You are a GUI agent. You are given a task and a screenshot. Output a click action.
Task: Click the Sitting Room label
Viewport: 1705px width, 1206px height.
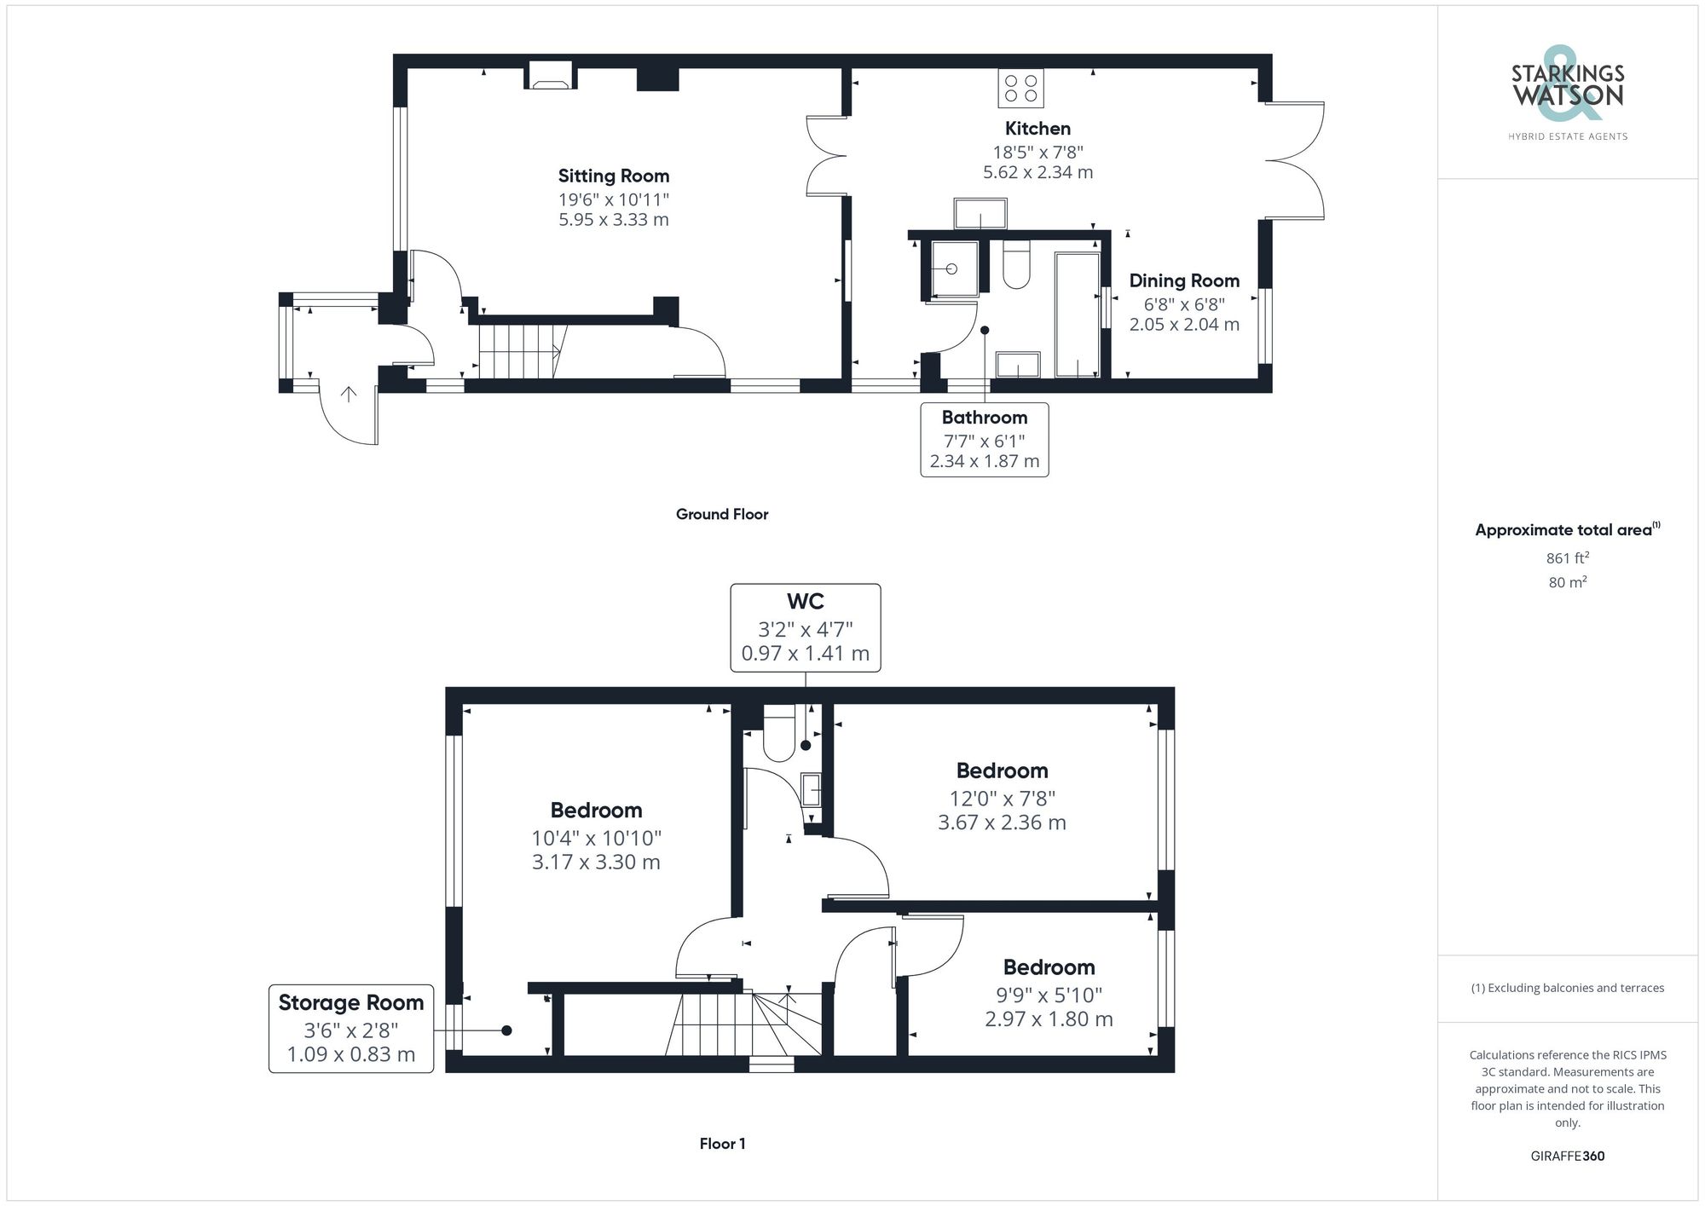pos(613,176)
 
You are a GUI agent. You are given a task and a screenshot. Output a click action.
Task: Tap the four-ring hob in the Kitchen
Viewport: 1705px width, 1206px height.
pos(1020,88)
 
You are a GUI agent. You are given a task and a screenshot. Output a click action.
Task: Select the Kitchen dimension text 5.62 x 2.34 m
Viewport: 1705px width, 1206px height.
pos(1037,172)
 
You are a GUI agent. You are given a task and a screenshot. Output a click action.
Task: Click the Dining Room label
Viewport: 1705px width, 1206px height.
pos(1184,280)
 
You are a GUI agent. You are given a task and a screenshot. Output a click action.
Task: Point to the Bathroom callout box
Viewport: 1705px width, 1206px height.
pos(985,439)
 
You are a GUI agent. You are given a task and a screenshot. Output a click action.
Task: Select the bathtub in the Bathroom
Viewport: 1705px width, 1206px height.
pos(1078,314)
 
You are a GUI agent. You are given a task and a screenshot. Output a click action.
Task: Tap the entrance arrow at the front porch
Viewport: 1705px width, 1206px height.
pos(348,394)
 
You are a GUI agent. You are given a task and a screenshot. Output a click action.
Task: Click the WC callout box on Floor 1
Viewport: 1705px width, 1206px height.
pos(806,627)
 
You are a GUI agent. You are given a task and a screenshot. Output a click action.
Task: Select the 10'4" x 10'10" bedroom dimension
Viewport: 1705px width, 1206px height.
pos(596,838)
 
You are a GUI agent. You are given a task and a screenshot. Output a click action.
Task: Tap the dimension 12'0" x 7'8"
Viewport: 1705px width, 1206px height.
pos(1002,799)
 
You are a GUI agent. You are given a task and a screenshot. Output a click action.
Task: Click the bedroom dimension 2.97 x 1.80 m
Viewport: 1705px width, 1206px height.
pos(1049,1018)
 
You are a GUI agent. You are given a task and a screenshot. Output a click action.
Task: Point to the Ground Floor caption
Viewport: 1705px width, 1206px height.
pos(722,514)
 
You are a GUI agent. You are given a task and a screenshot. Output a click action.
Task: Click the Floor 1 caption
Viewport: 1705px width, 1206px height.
pos(722,1144)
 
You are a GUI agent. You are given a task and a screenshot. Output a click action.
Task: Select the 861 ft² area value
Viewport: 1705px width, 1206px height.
pos(1567,558)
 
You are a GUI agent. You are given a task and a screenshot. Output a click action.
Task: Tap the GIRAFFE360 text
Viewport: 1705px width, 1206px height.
pos(1567,1157)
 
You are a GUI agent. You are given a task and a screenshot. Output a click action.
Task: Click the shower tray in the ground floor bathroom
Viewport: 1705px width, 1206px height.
pos(954,268)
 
